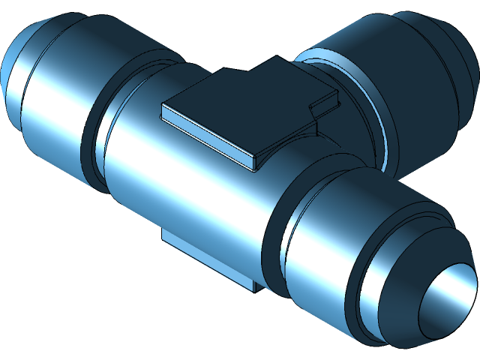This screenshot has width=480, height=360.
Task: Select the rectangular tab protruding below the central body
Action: (x=202, y=255)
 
